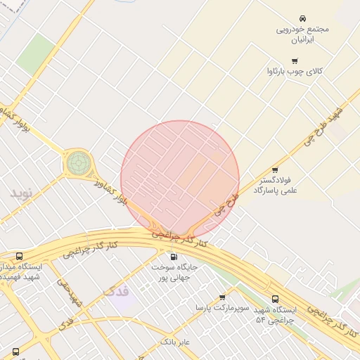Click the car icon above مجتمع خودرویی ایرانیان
302,17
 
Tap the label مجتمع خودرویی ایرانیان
302,34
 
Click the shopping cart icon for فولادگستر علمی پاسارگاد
274,169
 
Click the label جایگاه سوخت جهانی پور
176,272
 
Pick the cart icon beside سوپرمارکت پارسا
223,297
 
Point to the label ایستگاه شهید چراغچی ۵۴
276,314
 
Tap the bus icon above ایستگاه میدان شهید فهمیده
19,257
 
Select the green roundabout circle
79,163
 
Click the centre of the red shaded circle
180,179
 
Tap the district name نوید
21,192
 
